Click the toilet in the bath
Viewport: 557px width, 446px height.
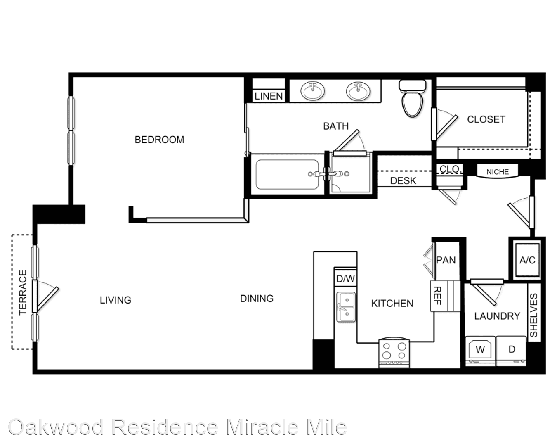413,98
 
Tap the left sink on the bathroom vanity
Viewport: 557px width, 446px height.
313,91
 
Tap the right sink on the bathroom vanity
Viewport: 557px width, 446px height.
358,91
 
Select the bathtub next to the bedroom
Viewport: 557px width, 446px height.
287,174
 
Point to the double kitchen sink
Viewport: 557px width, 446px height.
346,307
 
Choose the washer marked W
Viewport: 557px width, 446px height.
480,351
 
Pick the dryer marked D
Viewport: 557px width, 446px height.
511,351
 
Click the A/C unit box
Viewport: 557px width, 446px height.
527,260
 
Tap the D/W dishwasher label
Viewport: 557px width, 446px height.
345,279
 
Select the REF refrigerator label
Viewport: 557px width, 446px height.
437,296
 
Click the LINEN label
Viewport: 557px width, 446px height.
269,96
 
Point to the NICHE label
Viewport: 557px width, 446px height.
498,172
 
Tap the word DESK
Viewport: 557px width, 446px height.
403,180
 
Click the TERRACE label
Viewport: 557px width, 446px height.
23,292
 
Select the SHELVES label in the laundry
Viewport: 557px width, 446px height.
534,315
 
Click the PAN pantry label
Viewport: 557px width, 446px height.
446,260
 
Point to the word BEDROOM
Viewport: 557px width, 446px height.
159,140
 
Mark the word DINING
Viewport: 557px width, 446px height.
257,299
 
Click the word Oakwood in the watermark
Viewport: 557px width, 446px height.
56,427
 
